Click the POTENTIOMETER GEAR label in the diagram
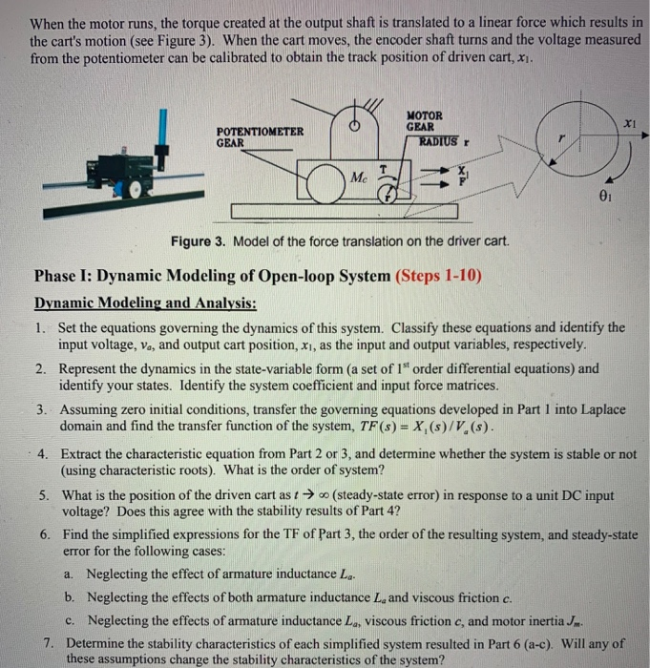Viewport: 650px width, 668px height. pos(260,136)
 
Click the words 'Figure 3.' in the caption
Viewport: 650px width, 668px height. pos(198,240)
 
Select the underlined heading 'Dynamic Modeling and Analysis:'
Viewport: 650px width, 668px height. pos(144,303)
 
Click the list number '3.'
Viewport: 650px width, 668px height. pos(43,409)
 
